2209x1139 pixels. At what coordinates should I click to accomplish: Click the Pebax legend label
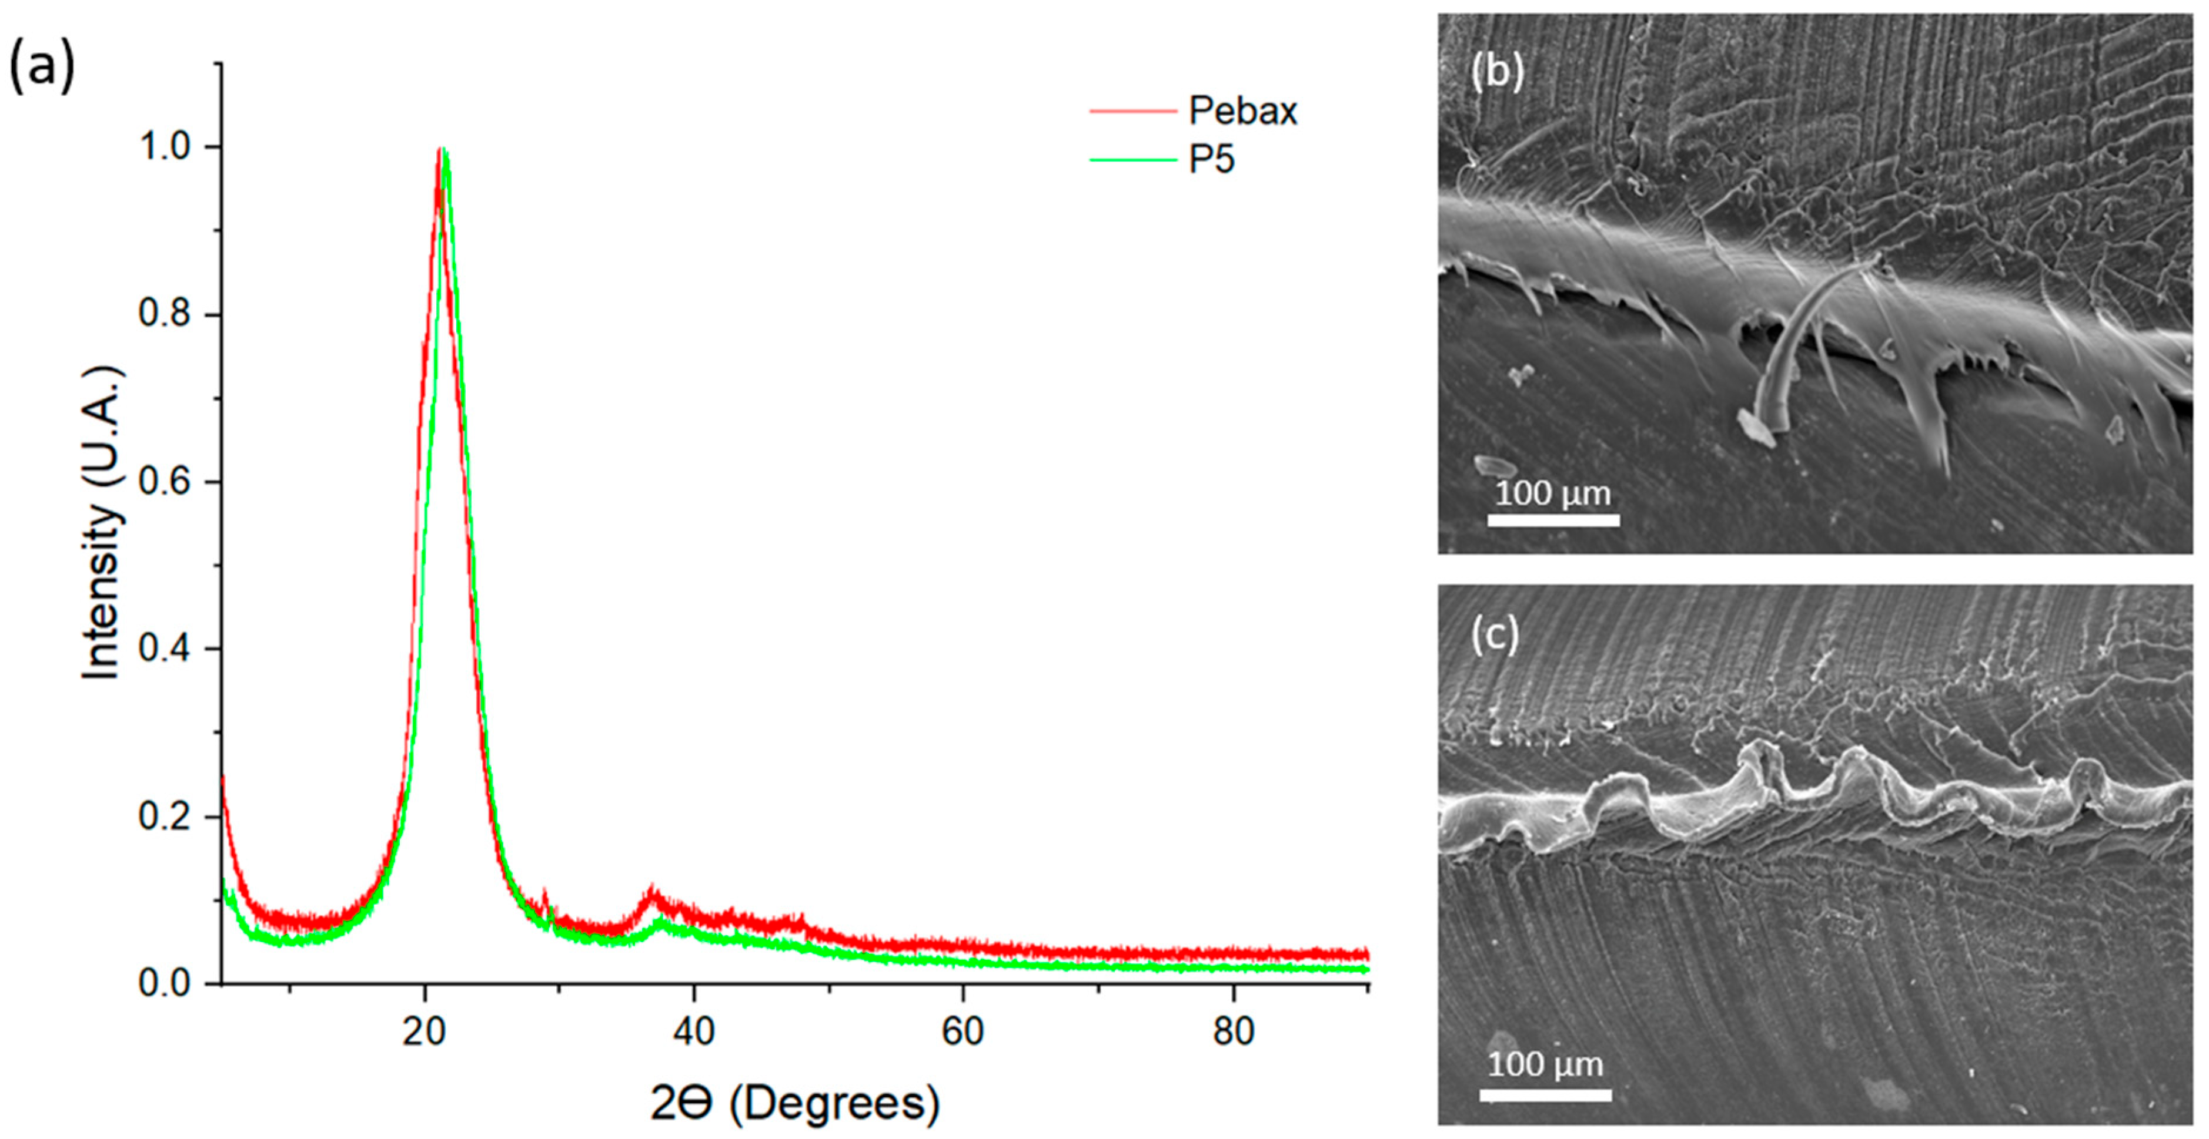tap(1242, 112)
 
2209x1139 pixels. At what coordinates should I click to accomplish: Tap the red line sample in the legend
tap(1132, 112)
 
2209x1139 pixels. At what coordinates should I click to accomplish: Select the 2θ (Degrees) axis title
tap(794, 1104)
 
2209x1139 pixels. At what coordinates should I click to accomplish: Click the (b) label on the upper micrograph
tap(1496, 72)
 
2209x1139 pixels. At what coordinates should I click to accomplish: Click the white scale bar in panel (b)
tap(1553, 519)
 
